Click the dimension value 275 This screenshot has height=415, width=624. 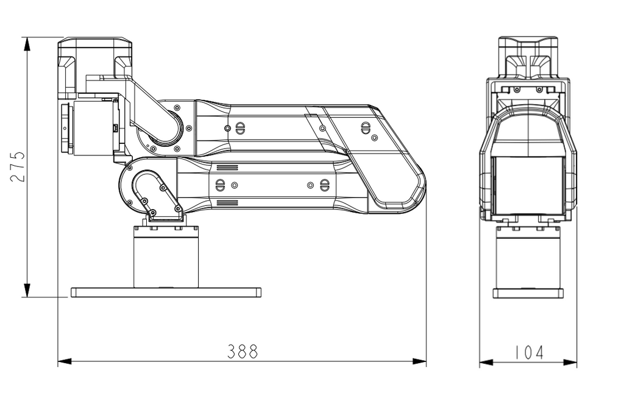[x=18, y=167]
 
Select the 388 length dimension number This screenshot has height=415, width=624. [x=243, y=352]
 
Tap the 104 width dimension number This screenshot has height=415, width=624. [x=528, y=352]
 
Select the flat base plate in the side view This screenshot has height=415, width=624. [x=166, y=293]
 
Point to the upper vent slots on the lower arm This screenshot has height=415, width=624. [x=227, y=167]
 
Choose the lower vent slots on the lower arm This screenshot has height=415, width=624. [x=227, y=202]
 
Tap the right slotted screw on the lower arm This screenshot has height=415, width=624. [x=324, y=185]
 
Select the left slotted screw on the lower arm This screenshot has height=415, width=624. [x=220, y=185]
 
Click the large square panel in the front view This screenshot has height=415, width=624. [x=528, y=185]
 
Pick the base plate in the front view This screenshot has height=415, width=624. [x=528, y=293]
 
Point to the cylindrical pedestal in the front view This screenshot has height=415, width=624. [x=528, y=259]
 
